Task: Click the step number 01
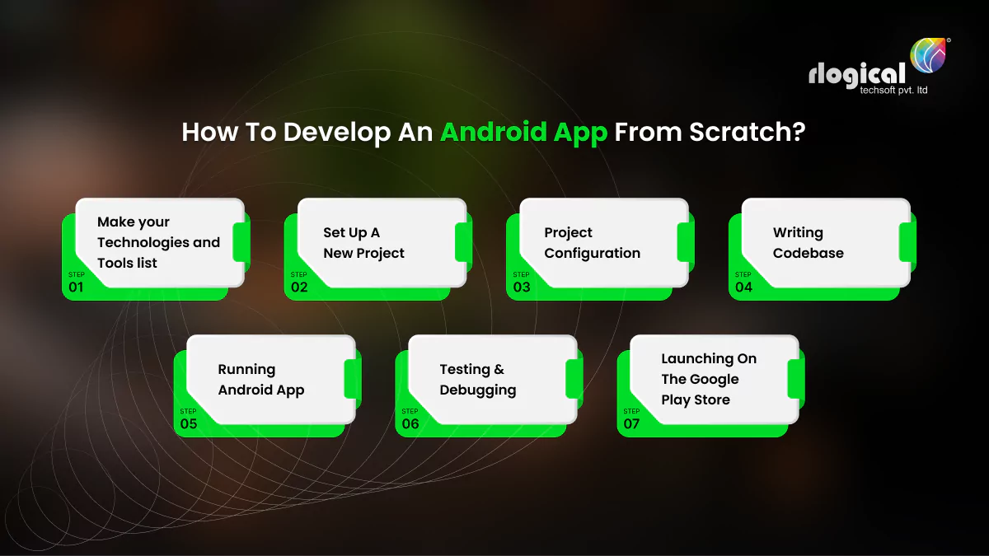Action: click(x=75, y=287)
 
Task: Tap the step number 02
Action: click(x=299, y=287)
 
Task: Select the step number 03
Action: click(x=522, y=287)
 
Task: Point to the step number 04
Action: click(x=743, y=287)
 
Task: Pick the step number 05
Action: click(x=189, y=424)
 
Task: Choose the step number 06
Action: click(x=410, y=424)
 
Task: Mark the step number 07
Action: click(x=631, y=424)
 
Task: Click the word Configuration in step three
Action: click(x=592, y=253)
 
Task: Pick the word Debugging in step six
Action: click(x=477, y=390)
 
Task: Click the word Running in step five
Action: click(x=246, y=369)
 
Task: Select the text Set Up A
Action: click(x=351, y=232)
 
